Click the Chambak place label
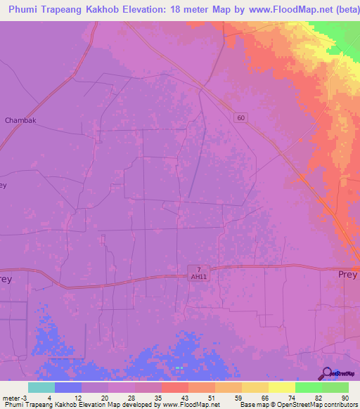click(x=20, y=120)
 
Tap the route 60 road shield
click(x=241, y=118)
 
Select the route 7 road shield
click(x=200, y=270)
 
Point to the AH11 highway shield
click(x=200, y=277)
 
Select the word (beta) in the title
click(x=341, y=9)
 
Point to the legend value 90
click(x=345, y=397)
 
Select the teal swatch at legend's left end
click(x=41, y=387)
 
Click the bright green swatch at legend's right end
click(x=335, y=387)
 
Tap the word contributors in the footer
click(x=339, y=405)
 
